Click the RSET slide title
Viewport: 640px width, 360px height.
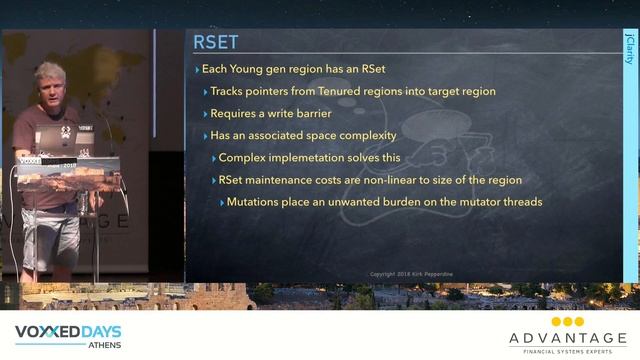[x=215, y=42]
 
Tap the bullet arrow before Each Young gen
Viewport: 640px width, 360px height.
[x=197, y=69]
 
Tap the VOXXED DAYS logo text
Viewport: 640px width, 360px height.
[x=68, y=331]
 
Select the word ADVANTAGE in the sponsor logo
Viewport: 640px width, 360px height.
[x=567, y=338]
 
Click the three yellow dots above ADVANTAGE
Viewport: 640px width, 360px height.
[x=567, y=322]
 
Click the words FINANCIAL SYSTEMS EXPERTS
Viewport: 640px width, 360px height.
[x=567, y=350]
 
